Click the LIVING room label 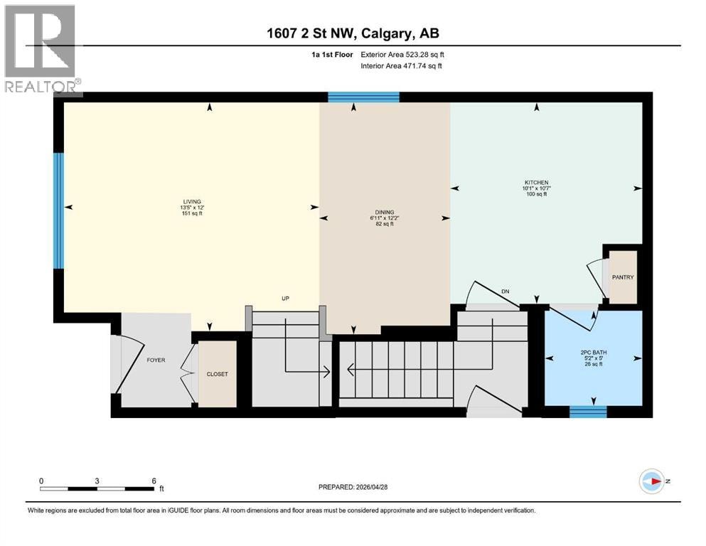click(x=192, y=202)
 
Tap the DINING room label click(x=385, y=212)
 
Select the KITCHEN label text click(x=536, y=182)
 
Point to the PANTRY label click(x=623, y=277)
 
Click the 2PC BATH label click(x=594, y=353)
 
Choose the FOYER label click(x=156, y=360)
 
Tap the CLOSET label click(x=217, y=374)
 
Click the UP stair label click(x=285, y=299)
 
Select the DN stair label click(x=506, y=291)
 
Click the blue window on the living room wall click(x=58, y=211)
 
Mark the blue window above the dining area click(x=363, y=97)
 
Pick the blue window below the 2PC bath click(x=588, y=412)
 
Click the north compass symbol click(x=651, y=481)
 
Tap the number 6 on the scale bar click(x=154, y=481)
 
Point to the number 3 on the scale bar click(x=97, y=481)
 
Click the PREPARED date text click(x=353, y=487)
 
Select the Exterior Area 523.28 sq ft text click(x=402, y=55)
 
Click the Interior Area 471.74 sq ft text click(x=401, y=65)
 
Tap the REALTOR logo click(x=43, y=50)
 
